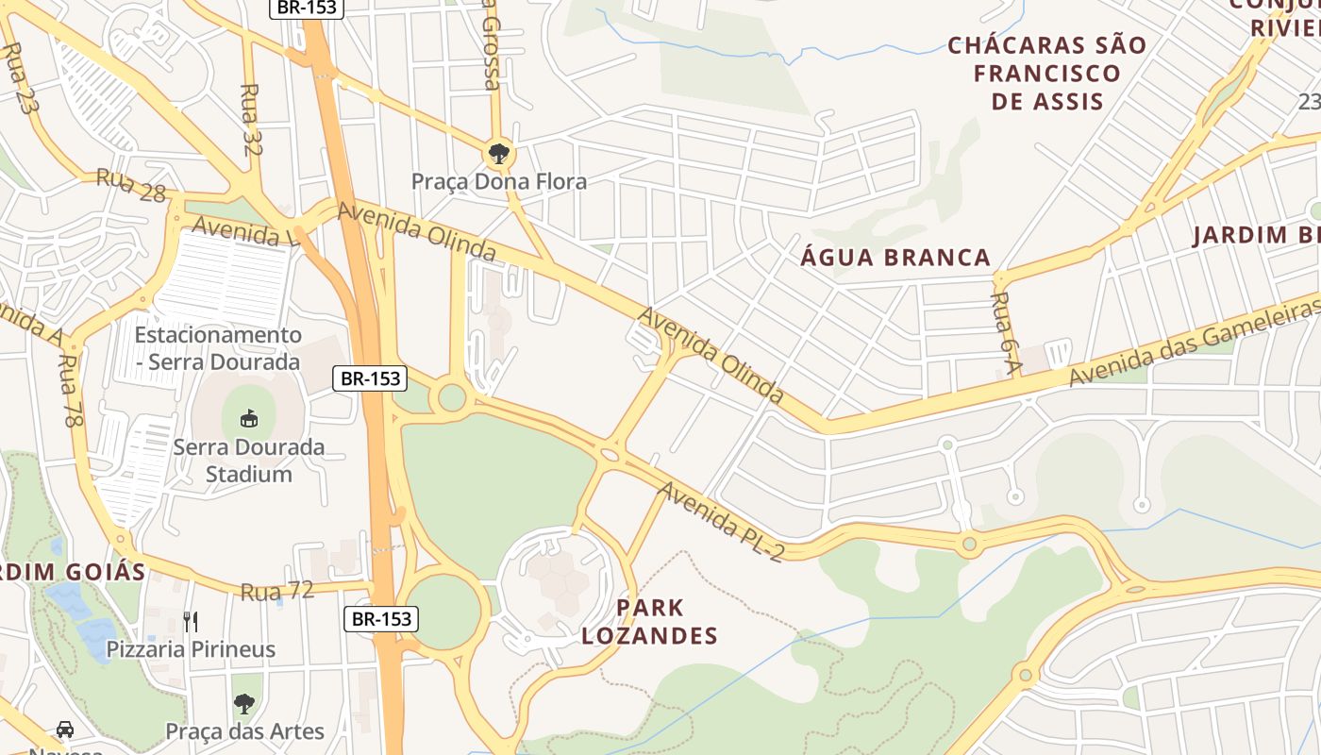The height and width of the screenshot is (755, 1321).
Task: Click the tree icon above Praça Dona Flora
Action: pos(497,153)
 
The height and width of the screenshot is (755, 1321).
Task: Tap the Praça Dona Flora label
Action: pos(498,181)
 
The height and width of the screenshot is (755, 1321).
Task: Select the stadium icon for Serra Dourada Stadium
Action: pos(248,417)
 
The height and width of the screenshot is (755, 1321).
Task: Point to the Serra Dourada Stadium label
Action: pos(248,460)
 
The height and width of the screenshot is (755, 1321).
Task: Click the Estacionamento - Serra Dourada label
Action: pos(218,348)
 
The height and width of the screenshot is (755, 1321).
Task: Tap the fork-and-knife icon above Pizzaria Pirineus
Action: pos(191,621)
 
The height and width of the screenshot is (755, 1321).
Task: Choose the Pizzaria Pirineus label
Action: pos(191,649)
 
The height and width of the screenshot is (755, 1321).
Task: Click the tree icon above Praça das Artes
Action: pos(244,703)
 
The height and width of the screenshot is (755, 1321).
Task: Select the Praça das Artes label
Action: pos(244,731)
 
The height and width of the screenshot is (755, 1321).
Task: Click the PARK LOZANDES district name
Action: pos(649,621)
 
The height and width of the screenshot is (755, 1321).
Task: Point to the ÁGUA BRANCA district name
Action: pos(895,257)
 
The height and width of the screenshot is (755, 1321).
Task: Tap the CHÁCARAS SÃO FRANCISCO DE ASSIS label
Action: pos(1047,73)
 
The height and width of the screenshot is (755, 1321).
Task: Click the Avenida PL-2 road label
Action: pos(720,520)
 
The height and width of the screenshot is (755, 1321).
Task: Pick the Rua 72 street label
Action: pos(276,591)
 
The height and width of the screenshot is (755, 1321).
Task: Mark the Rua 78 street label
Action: pos(69,391)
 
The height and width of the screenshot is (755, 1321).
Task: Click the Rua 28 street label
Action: pos(131,185)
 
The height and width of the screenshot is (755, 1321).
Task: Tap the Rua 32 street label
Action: pos(251,119)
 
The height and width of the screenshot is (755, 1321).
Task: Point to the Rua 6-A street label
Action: pos(1001,332)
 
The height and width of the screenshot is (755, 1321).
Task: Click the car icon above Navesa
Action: pos(64,730)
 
